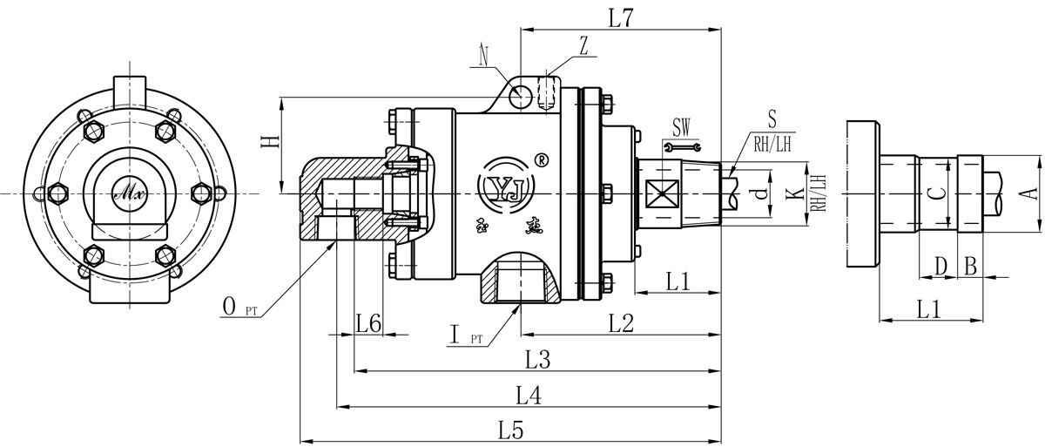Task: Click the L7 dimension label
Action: pos(621,17)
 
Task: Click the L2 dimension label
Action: pos(621,323)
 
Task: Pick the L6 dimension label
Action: pos(368,323)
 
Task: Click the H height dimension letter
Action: pos(272,139)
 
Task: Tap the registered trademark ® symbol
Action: pos(541,160)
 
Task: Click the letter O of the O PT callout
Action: pos(229,305)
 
